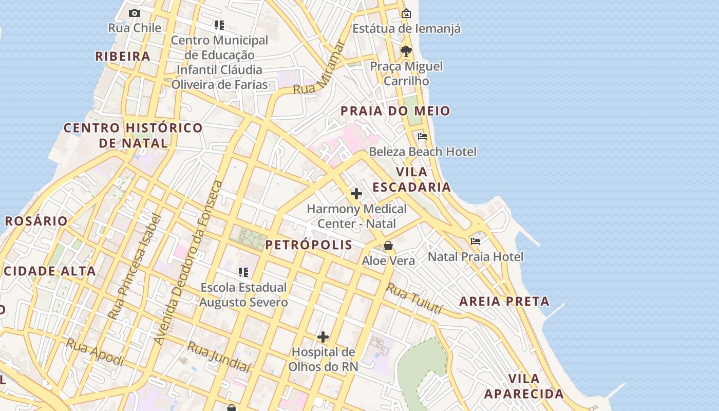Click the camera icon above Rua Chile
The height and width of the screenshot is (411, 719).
pos(135,13)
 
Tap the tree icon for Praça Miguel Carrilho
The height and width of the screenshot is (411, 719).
pos(406,51)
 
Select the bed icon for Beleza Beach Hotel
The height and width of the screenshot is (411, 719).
pos(423,137)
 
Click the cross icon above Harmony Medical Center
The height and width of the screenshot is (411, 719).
pos(356,194)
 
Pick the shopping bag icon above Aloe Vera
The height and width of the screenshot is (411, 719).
pos(388,246)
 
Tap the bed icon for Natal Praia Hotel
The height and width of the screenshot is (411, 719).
pos(476,241)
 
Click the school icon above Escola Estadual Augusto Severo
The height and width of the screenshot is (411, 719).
pos(243,272)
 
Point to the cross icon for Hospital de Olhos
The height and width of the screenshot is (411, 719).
pos(323,337)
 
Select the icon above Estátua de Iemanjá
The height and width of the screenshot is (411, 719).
pos(406,13)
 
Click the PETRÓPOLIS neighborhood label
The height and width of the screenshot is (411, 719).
pos(309,245)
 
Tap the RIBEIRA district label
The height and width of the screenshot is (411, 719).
pos(123,57)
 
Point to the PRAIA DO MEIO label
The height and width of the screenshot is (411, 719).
pos(395,111)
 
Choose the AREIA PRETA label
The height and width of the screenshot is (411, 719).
pos(504,302)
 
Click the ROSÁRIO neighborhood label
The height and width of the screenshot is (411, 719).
pos(36,221)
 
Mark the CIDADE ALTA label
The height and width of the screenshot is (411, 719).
pos(49,271)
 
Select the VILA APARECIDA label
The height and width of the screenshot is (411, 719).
pos(524,386)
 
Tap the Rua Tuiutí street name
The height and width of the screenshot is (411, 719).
pos(414,298)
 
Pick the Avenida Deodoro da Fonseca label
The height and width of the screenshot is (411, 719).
pos(187,263)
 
